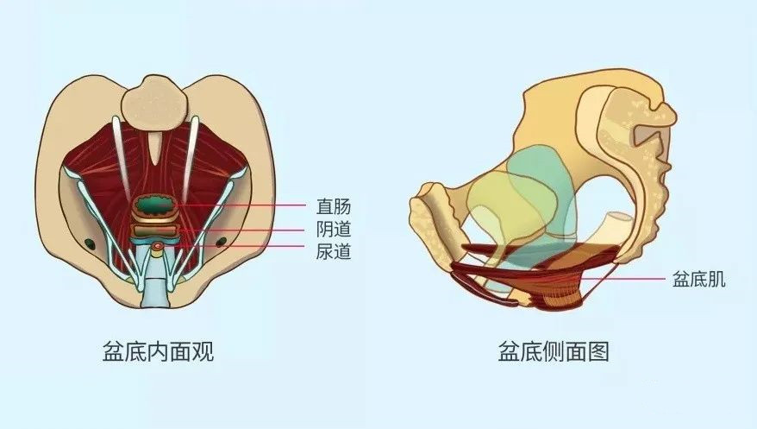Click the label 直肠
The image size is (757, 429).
[334, 207]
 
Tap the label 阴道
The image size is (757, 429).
[334, 230]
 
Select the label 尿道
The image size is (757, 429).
[334, 254]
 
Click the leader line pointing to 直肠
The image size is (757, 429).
[250, 207]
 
